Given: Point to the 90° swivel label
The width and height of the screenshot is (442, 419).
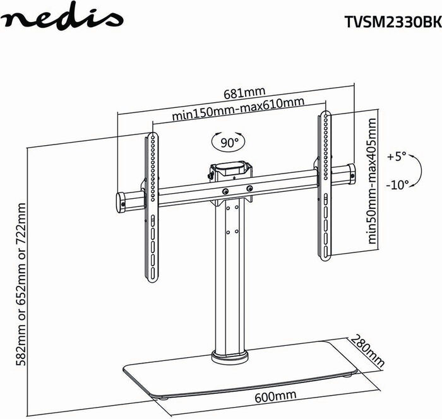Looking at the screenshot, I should pyautogui.click(x=229, y=143).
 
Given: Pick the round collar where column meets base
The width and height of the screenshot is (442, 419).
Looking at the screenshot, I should pyautogui.click(x=228, y=357).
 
